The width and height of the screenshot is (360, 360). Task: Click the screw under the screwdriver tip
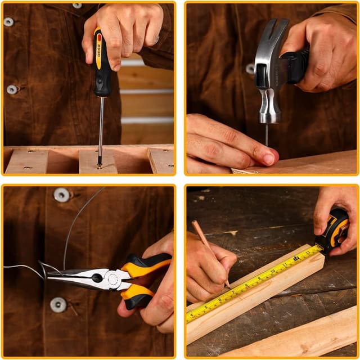click(99, 166)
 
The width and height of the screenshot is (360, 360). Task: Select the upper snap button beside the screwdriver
click(8, 22)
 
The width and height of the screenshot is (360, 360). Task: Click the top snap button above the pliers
click(61, 195)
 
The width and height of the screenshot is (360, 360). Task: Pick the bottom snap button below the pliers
click(58, 304)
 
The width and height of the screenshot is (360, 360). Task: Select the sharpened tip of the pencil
click(229, 287)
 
